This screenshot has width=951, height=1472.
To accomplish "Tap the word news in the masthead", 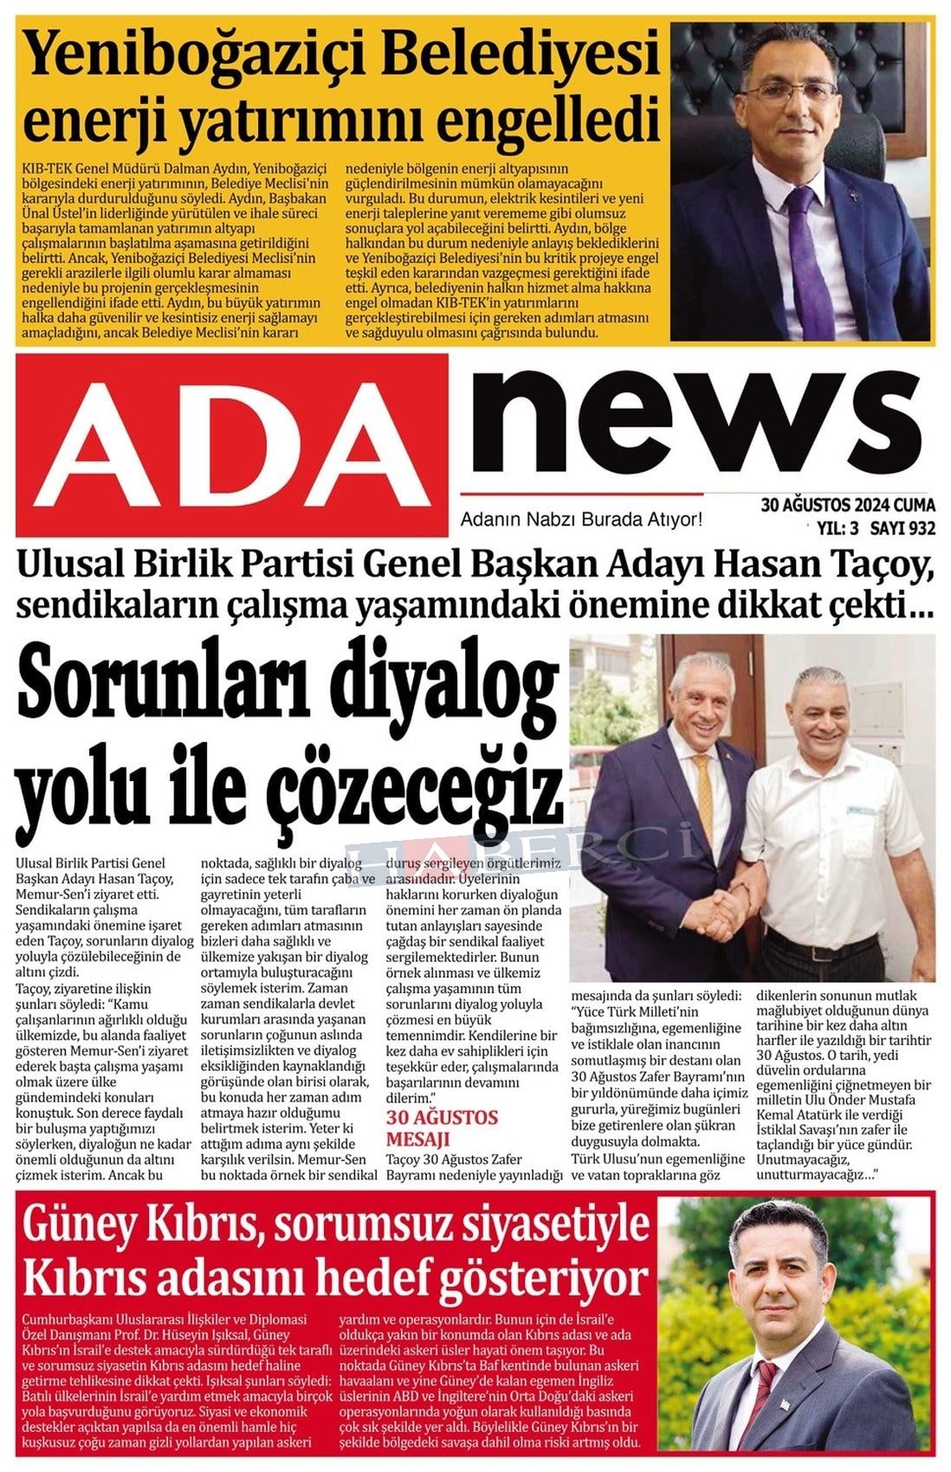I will click(x=693, y=420).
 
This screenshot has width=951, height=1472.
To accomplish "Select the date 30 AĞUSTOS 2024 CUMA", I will click(x=847, y=505).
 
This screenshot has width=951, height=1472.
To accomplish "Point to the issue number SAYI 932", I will click(x=902, y=527).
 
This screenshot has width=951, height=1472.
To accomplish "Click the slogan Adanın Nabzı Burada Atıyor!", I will click(x=580, y=520).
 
